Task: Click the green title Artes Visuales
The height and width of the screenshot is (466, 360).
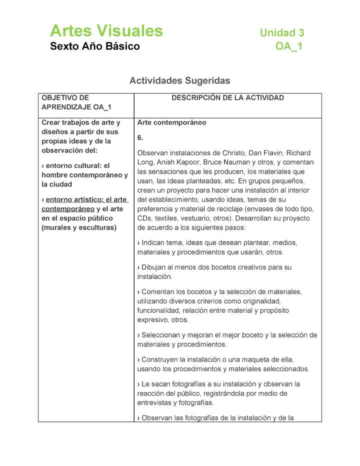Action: [106, 31]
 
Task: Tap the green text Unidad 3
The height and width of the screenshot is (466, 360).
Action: [281, 33]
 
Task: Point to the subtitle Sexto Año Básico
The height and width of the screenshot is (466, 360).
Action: [95, 47]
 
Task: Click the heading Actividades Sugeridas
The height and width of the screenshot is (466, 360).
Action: [179, 80]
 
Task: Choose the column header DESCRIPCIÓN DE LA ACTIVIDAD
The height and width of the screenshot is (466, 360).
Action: [227, 98]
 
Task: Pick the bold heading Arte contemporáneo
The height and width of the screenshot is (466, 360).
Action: [171, 122]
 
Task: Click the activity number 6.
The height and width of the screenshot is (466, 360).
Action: [140, 137]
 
